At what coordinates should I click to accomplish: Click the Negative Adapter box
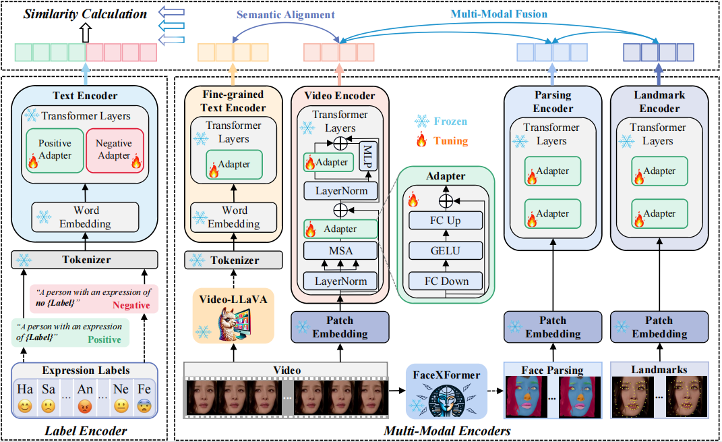pyautogui.click(x=114, y=150)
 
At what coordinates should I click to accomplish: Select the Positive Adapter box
pyautogui.click(x=55, y=150)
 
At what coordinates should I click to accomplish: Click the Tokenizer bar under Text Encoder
pyautogui.click(x=84, y=259)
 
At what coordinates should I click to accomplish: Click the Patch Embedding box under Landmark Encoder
pyautogui.click(x=659, y=327)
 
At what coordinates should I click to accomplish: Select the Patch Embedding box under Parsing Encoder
pyautogui.click(x=552, y=327)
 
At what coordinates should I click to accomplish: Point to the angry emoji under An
pyautogui.click(x=85, y=407)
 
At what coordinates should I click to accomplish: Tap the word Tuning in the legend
pyautogui.click(x=452, y=141)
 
